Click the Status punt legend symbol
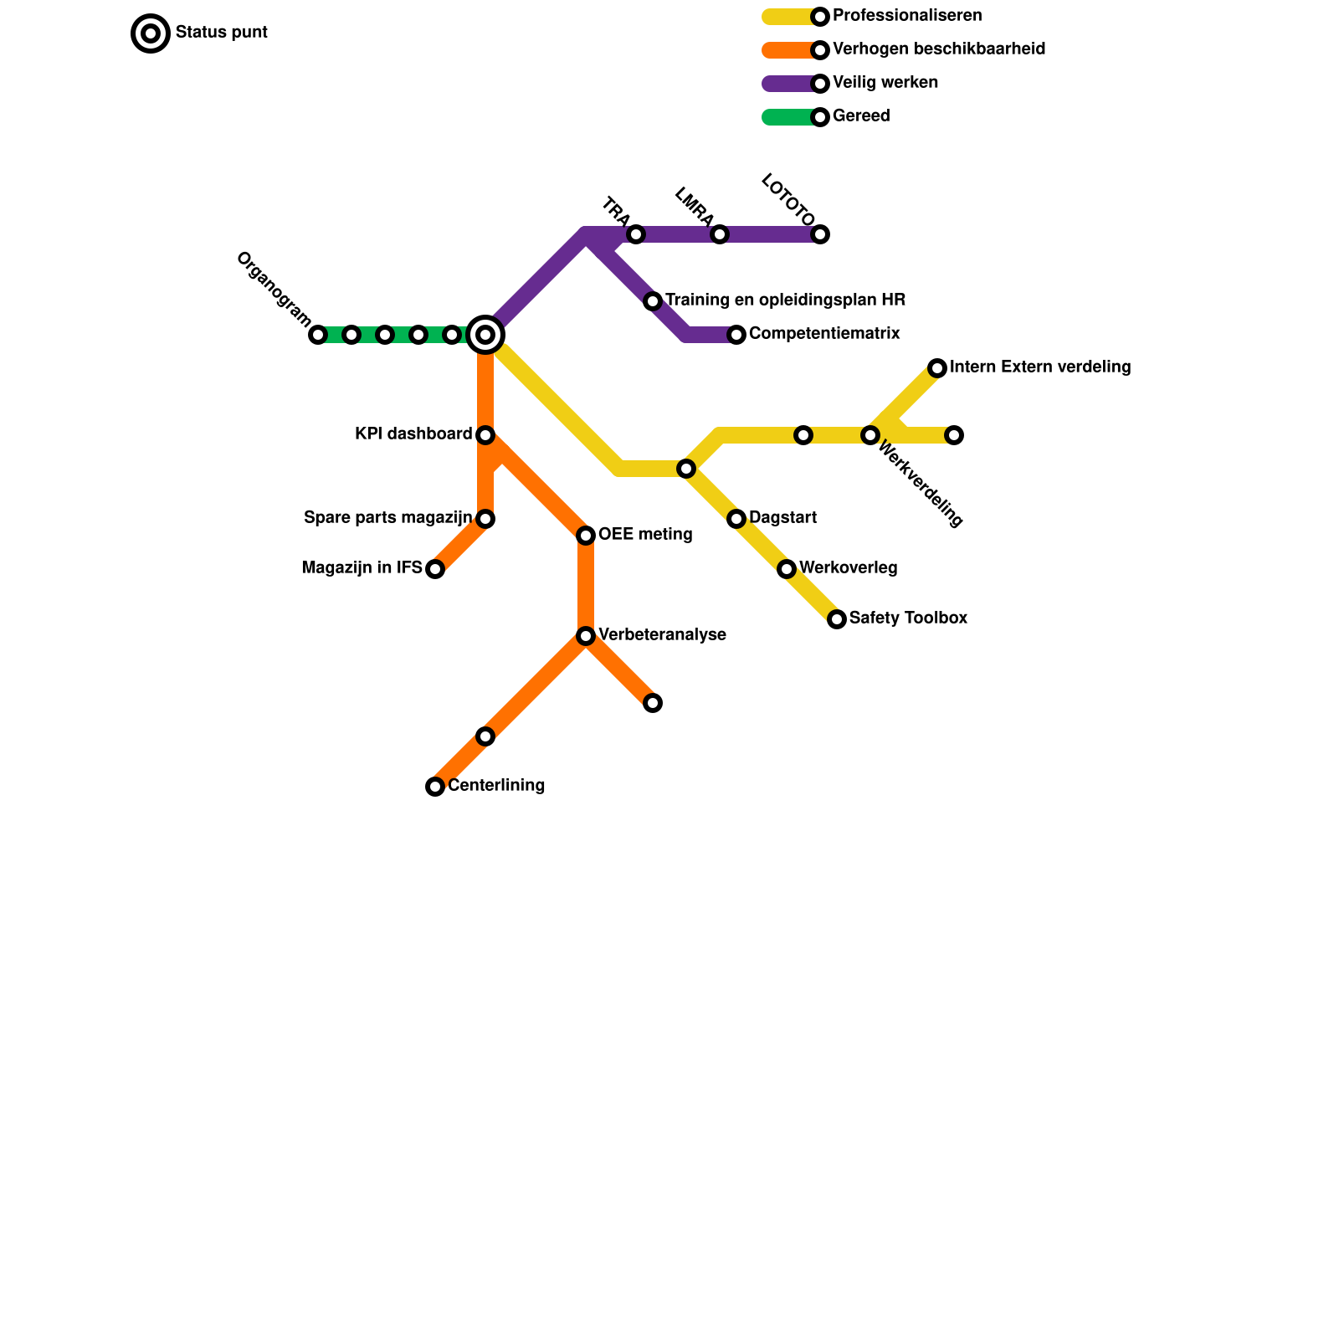click(x=151, y=33)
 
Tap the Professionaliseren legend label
click(x=907, y=16)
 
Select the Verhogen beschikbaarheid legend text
click(x=939, y=49)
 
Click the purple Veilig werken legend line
click(x=789, y=84)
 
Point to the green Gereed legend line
click(x=789, y=117)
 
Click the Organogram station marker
click(x=318, y=335)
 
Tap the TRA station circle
click(x=636, y=234)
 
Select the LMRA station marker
click(x=720, y=234)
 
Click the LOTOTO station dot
click(x=820, y=234)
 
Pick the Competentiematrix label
click(x=824, y=334)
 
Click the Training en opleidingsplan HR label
click(x=785, y=300)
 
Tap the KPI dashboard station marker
click(x=485, y=435)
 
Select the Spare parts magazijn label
click(x=388, y=518)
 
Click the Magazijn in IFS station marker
click(x=435, y=569)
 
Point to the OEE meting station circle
click(x=586, y=536)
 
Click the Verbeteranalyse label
click(x=662, y=635)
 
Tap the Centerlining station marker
click(x=435, y=787)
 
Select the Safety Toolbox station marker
click(x=837, y=619)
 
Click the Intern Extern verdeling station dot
click(x=937, y=368)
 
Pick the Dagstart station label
click(x=782, y=518)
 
